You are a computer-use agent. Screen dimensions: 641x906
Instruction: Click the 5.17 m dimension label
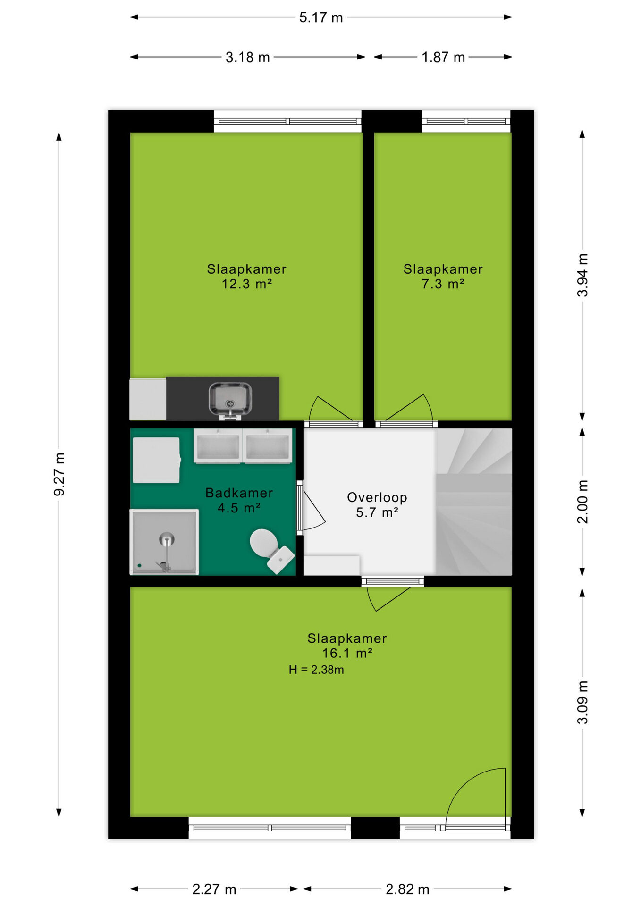tap(320, 17)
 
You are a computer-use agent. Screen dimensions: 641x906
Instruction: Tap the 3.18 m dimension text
tap(247, 57)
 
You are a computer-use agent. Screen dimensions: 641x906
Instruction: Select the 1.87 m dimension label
tap(443, 57)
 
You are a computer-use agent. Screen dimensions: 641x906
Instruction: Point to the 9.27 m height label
tap(59, 474)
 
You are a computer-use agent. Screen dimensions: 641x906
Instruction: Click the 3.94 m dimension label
tap(582, 275)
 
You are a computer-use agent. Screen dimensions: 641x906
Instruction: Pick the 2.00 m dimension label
tap(582, 502)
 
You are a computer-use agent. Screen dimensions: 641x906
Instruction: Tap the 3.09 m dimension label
tap(582, 702)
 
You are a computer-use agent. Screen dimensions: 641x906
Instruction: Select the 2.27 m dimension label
tap(214, 889)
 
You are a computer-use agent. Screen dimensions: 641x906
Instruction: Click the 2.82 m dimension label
tap(407, 889)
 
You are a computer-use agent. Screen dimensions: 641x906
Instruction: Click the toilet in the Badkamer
tap(271, 550)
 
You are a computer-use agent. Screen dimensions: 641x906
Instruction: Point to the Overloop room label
tap(377, 497)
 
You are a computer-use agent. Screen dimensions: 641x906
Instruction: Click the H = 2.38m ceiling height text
tap(316, 670)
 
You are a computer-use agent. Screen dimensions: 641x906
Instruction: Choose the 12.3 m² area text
tap(247, 284)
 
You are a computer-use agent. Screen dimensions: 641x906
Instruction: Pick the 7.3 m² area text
tap(443, 284)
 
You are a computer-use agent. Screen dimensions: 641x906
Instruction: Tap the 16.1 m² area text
tap(347, 654)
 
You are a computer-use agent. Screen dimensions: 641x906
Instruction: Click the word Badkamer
tap(239, 493)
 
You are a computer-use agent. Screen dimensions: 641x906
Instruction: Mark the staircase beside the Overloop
tap(473, 502)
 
